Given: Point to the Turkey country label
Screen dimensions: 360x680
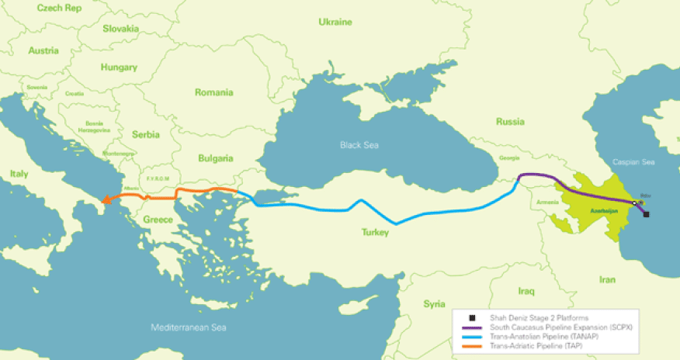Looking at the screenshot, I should (x=376, y=232).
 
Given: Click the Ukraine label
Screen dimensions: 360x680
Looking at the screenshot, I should (x=335, y=22).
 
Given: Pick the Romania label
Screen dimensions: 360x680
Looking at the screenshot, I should (x=214, y=92).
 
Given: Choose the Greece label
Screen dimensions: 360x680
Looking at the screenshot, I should (x=158, y=220).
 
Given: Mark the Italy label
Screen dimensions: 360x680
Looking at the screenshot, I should (x=19, y=177).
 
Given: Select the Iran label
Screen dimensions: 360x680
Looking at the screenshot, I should (x=607, y=279).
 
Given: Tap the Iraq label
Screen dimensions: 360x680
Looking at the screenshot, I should (x=526, y=291).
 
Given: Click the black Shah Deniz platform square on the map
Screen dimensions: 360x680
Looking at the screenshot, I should (x=647, y=214).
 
